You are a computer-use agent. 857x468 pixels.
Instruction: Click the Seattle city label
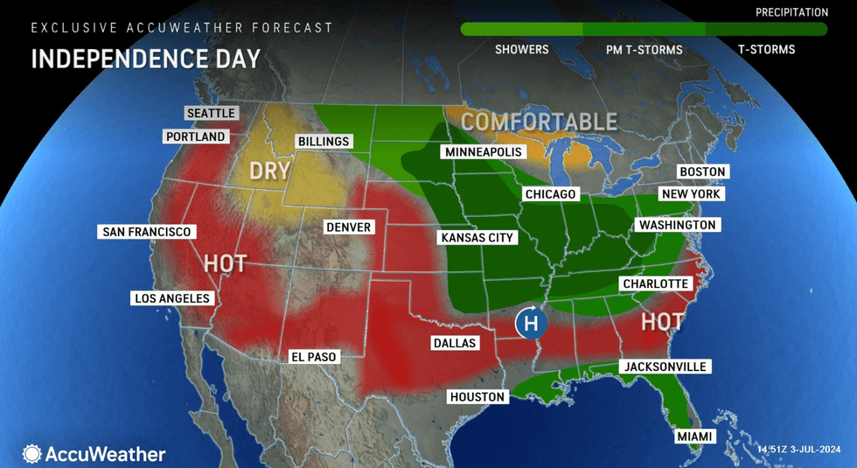pos(211,113)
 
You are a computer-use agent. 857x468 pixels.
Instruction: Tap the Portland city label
pos(197,136)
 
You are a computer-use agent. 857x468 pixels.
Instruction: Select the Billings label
pos(323,142)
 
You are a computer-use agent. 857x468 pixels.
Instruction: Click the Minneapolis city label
pos(483,152)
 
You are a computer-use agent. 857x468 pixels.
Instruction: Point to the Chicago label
pos(550,193)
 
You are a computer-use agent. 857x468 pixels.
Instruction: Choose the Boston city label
pos(703,172)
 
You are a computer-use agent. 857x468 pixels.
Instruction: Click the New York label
pos(691,193)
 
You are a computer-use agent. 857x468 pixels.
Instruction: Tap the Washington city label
pos(677,225)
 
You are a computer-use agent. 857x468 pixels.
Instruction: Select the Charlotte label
pos(656,283)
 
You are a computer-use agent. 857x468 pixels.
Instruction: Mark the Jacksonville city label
pos(665,367)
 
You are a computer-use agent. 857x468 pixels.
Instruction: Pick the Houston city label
pos(477,396)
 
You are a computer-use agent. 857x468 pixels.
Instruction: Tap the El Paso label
pos(313,357)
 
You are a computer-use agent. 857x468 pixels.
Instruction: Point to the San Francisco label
pos(146,232)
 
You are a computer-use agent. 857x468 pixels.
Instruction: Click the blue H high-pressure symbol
pos(530,324)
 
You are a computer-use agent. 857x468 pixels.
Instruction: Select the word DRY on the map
pos(269,171)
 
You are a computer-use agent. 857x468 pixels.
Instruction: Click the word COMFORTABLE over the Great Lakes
pos(539,122)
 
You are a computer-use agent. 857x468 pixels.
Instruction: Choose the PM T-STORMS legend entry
pos(644,49)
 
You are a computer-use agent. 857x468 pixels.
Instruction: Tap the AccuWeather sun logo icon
pos(32,454)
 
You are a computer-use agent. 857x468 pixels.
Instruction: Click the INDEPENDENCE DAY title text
pos(145,59)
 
